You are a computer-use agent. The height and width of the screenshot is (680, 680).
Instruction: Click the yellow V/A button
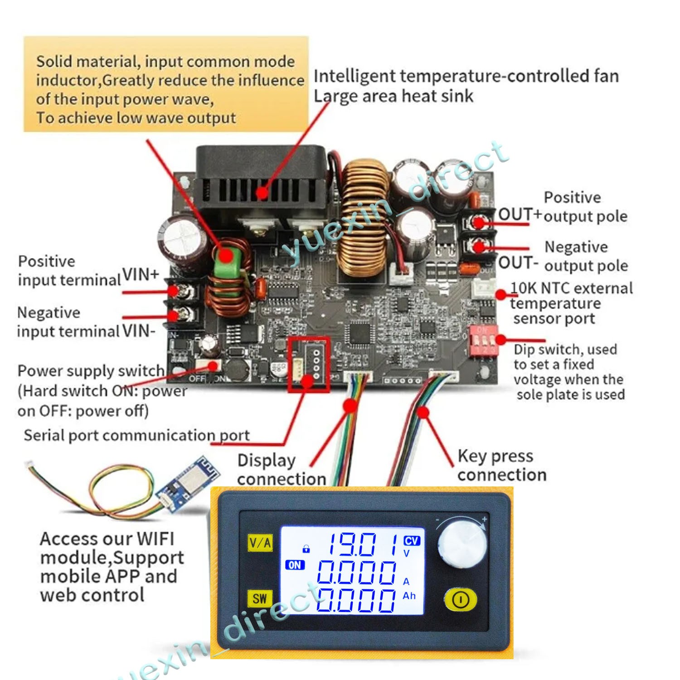point(260,543)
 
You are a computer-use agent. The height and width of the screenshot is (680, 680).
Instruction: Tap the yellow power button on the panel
point(460,600)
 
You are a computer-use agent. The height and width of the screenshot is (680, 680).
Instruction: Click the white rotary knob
point(462,543)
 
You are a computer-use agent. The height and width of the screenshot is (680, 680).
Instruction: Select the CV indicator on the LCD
point(411,541)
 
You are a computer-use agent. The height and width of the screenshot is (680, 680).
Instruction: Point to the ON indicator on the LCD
point(295,565)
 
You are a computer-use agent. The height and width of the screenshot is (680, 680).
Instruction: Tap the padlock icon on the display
point(306,549)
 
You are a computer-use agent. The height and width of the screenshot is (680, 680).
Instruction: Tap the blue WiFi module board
point(188,484)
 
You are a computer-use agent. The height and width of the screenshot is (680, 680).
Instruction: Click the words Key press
point(495,456)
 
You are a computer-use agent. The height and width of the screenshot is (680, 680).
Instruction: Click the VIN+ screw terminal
point(183,291)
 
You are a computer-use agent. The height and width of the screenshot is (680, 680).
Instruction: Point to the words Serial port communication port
point(136,435)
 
